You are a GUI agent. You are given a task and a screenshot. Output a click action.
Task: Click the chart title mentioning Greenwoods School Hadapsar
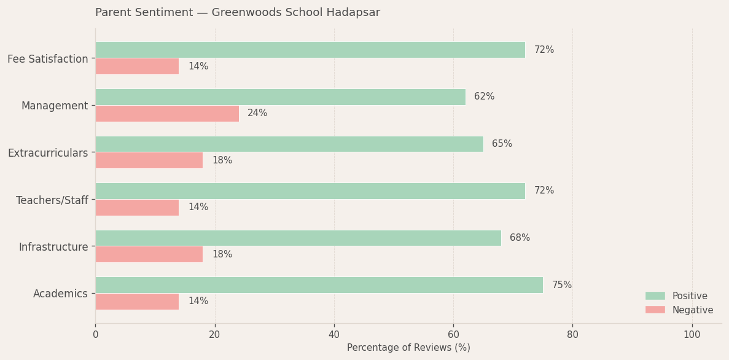(238, 13)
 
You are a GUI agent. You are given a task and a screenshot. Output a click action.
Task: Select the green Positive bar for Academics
(319, 285)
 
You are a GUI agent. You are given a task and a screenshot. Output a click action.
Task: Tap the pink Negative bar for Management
(167, 114)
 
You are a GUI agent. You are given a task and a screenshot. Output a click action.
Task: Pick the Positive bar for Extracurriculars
(289, 144)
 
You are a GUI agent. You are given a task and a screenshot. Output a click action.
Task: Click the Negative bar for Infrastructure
(149, 254)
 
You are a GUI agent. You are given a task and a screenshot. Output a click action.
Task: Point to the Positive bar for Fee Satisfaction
(310, 50)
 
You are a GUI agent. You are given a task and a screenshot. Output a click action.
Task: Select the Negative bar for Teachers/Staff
(137, 208)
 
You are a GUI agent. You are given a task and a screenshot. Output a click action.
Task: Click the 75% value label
(561, 285)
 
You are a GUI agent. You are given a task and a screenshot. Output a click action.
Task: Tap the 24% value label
(257, 114)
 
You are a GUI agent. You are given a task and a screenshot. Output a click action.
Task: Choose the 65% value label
(502, 144)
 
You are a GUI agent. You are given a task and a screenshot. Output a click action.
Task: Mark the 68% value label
(520, 238)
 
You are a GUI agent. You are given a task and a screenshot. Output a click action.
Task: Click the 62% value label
(484, 97)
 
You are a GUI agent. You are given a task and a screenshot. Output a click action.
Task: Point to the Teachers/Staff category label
(52, 200)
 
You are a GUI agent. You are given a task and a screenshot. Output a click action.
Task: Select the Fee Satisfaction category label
(48, 59)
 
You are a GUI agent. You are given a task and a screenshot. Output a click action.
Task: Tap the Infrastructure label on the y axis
(53, 247)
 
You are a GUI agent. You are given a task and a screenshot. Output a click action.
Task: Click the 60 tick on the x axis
(453, 335)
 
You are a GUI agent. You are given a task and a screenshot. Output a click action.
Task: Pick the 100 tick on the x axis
(692, 335)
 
